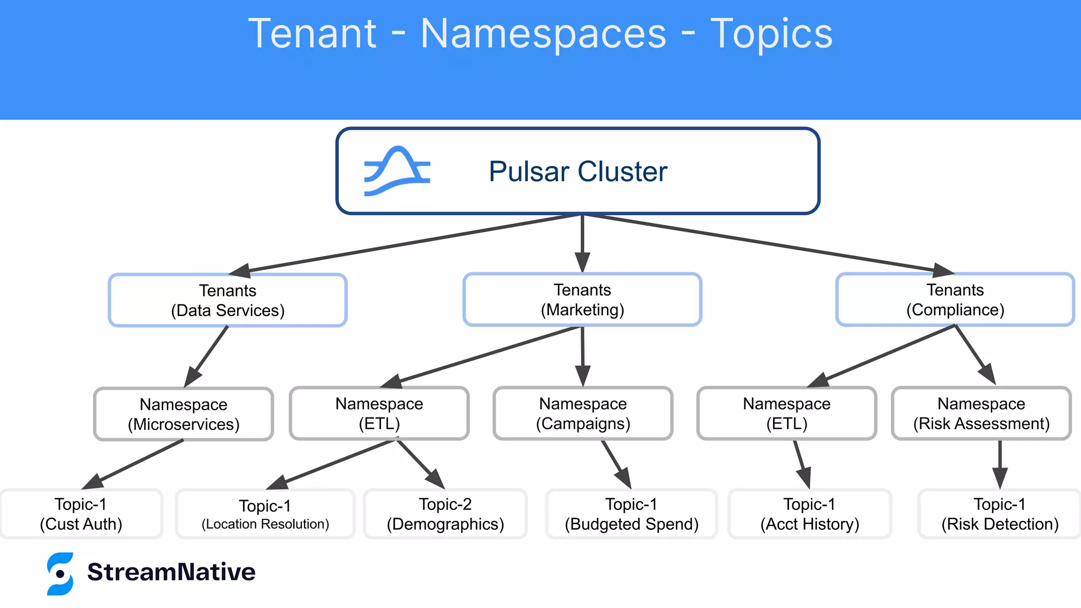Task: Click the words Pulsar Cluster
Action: [x=578, y=172]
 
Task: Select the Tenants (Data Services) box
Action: [x=227, y=300]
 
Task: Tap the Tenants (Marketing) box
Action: [x=582, y=299]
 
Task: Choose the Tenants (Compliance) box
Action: [x=955, y=299]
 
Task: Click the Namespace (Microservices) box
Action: [x=183, y=414]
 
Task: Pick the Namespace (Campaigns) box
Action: [x=583, y=413]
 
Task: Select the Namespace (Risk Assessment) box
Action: [x=981, y=413]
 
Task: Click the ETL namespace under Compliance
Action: [x=786, y=413]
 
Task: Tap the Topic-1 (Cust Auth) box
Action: [x=81, y=514]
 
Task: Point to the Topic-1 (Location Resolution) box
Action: [x=265, y=514]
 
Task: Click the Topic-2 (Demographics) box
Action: [x=445, y=514]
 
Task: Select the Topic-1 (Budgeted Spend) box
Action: [x=631, y=514]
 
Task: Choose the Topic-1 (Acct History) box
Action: [x=809, y=514]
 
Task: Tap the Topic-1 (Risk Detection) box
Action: [x=999, y=514]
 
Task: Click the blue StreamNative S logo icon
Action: [x=60, y=574]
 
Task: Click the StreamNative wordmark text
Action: [x=171, y=572]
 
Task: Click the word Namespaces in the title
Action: [x=543, y=34]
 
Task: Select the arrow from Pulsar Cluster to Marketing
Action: [x=582, y=243]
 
